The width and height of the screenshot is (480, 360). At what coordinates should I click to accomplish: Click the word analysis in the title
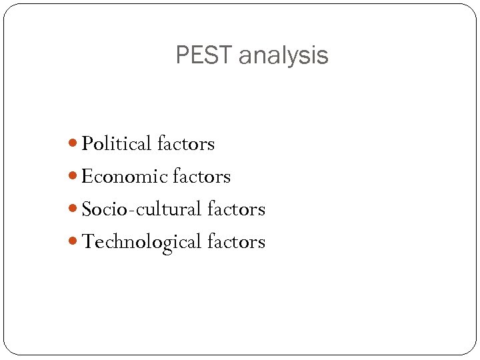[x=283, y=56]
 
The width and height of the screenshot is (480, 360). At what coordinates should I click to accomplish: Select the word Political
[x=117, y=144]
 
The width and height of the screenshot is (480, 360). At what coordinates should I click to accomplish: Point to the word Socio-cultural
[x=141, y=209]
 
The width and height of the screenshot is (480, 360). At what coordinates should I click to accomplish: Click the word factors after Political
[x=186, y=144]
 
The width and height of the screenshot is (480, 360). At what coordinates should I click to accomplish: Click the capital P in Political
[x=87, y=144]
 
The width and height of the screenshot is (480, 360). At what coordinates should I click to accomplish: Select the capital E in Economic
[x=87, y=177]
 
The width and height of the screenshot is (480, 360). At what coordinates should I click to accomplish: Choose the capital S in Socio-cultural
[x=86, y=209]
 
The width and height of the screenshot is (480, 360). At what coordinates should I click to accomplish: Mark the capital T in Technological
[x=87, y=242]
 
